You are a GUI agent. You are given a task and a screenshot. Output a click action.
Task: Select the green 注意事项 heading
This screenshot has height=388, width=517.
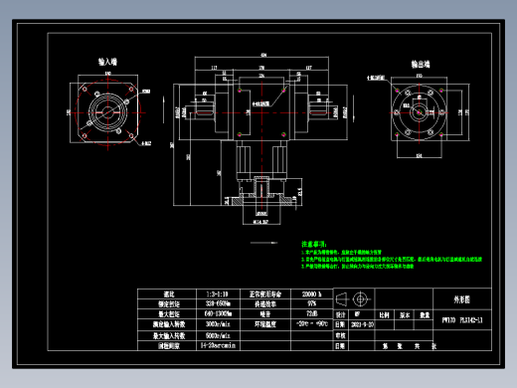[315, 244]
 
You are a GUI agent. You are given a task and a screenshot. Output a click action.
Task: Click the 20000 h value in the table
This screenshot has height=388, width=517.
[311, 294]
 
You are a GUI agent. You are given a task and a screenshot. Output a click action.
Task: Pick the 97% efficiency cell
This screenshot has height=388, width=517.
[311, 304]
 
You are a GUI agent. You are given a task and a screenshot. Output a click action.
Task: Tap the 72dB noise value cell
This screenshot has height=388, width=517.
[311, 314]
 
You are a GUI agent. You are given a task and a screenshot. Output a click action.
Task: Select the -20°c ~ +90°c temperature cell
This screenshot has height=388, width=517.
[311, 325]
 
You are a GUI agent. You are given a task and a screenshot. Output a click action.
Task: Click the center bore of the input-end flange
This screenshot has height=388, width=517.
[107, 111]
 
